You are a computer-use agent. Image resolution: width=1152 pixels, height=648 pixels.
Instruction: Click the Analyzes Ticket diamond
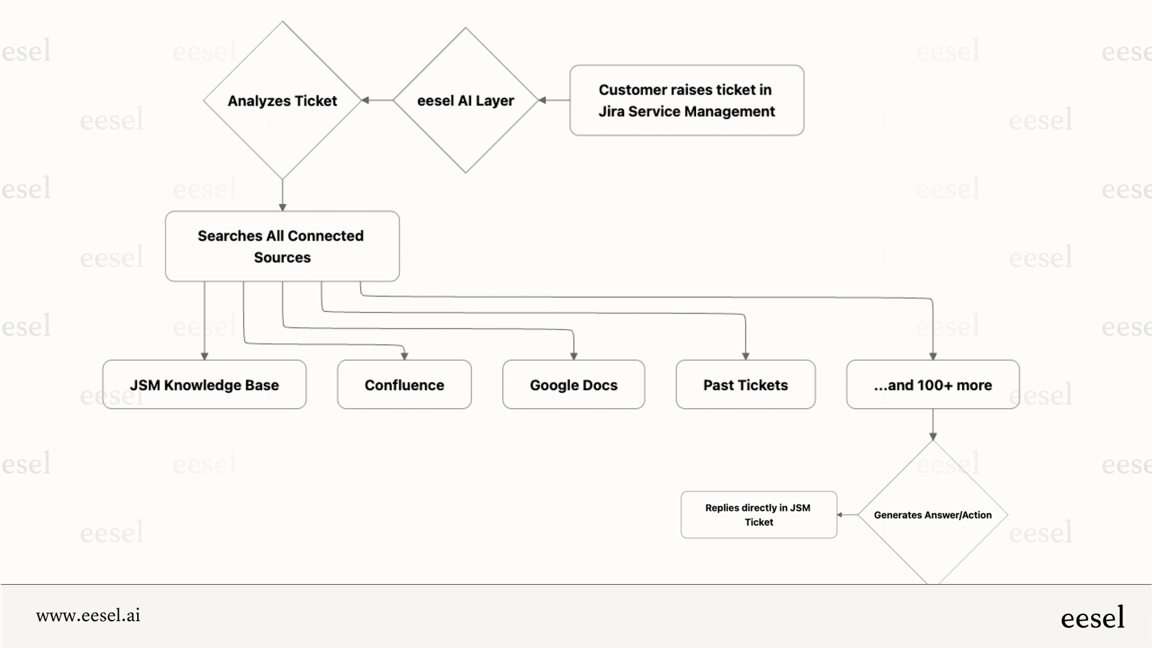(x=282, y=101)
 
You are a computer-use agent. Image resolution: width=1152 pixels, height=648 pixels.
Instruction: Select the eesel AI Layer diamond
(x=465, y=101)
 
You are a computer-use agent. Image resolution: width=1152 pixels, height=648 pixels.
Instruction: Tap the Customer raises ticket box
(x=686, y=100)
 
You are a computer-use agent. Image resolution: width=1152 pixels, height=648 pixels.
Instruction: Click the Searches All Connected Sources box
(x=282, y=246)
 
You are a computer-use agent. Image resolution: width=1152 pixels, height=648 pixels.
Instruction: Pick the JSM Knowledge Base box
(x=204, y=385)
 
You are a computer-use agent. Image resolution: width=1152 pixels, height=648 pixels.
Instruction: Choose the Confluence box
(x=404, y=385)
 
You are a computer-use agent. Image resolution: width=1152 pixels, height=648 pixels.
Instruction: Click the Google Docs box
(x=573, y=385)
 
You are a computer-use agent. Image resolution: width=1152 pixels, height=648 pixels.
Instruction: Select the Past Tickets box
(x=745, y=385)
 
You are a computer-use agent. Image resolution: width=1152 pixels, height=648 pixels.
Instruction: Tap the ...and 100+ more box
(x=933, y=385)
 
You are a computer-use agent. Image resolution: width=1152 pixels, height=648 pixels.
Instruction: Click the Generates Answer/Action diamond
(x=933, y=515)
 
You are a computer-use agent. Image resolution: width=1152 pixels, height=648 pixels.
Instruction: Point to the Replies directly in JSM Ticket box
(x=758, y=515)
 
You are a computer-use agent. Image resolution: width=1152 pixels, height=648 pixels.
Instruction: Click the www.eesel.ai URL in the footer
(x=88, y=615)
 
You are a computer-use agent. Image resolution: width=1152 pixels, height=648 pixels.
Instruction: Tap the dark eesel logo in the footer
(x=1092, y=617)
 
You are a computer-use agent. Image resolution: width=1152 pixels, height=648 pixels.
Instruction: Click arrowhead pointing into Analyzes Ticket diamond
(x=365, y=100)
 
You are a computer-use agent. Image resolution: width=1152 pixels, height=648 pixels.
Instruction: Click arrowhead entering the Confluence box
(x=404, y=355)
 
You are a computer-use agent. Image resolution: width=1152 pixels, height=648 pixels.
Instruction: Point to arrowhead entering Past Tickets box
(x=745, y=355)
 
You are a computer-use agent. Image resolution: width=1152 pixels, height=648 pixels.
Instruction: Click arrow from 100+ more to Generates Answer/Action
(x=933, y=424)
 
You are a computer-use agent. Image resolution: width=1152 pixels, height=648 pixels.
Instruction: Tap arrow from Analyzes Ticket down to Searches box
(x=283, y=195)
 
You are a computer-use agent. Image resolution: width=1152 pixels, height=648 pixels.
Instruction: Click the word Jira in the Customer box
(x=611, y=111)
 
